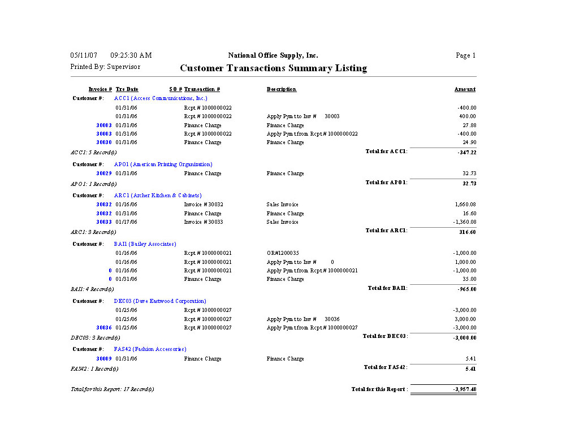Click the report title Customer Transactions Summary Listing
point(273,68)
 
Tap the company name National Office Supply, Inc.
point(273,55)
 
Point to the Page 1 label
point(465,55)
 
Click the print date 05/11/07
point(84,55)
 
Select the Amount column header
point(465,89)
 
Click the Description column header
point(282,89)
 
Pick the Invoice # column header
point(100,89)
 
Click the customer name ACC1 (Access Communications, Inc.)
point(161,98)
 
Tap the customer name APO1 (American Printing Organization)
point(163,164)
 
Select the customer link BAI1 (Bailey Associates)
point(145,244)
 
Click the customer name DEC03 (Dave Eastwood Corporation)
point(160,301)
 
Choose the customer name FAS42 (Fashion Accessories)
point(150,349)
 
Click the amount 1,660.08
point(465,205)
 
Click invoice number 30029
point(103,173)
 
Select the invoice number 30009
point(103,359)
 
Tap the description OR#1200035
point(283,253)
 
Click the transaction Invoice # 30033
point(204,222)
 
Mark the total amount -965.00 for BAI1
point(466,289)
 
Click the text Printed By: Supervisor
point(105,67)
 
